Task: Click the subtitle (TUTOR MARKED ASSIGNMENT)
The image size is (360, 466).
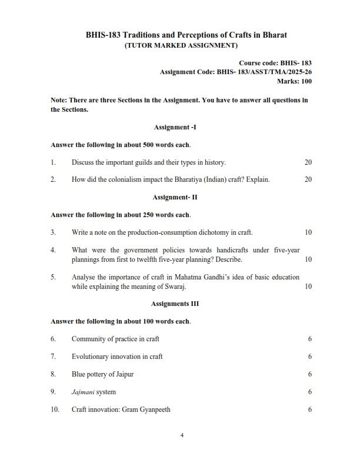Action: click(x=180, y=45)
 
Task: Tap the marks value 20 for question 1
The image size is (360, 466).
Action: click(x=308, y=162)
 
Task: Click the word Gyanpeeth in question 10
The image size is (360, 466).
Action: click(x=155, y=410)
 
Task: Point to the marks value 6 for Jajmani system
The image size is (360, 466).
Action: click(x=309, y=392)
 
